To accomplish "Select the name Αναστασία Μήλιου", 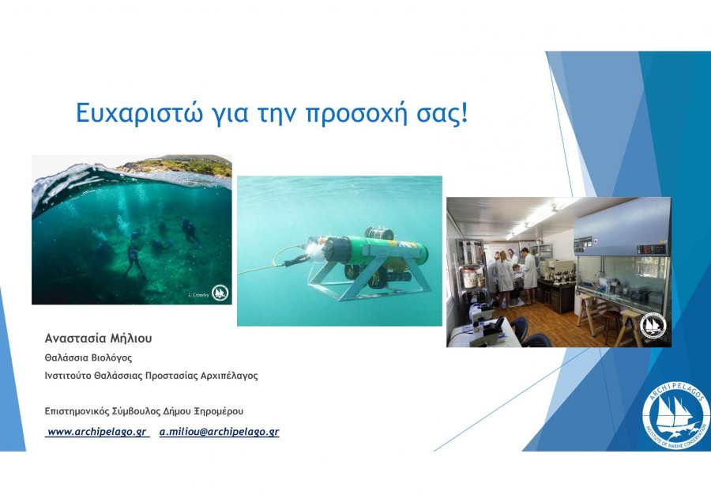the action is pos(99,338).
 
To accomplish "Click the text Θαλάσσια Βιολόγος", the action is pos(88,357).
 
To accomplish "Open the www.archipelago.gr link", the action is pos(97,432).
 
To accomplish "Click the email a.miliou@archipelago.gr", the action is pos(219,432).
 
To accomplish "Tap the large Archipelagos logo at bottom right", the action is pos(675,415).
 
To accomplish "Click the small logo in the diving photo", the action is pos(220,293).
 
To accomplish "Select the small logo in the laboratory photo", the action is pos(653,325).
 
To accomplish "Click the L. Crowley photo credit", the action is pos(198,295).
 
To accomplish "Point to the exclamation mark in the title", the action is pos(463,113).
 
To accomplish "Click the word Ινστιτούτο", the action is pos(68,376).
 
